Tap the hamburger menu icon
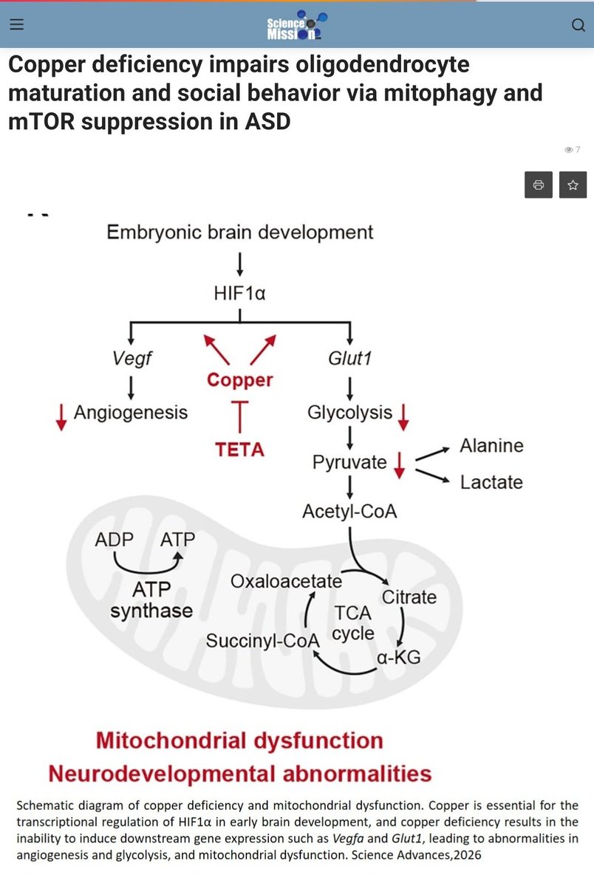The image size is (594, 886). tap(16, 24)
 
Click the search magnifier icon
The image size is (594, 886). tap(578, 25)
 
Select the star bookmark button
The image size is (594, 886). tap(573, 185)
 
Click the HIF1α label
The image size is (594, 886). tap(239, 294)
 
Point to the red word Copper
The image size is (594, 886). tap(240, 380)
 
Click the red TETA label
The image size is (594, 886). tap(240, 450)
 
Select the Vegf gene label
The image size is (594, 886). tap(132, 359)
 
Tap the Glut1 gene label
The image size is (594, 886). tap(350, 359)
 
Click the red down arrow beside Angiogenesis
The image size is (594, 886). tap(61, 417)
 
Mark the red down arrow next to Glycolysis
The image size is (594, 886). tap(403, 417)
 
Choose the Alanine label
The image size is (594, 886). tap(491, 446)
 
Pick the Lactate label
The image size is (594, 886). tap(491, 482)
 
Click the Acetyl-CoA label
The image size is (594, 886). tap(349, 512)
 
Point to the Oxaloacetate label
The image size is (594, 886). tap(286, 582)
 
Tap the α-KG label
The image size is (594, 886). tap(398, 657)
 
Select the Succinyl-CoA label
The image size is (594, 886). tap(263, 641)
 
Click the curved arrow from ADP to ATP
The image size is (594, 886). tap(147, 571)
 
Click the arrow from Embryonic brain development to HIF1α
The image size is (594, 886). tap(240, 264)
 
